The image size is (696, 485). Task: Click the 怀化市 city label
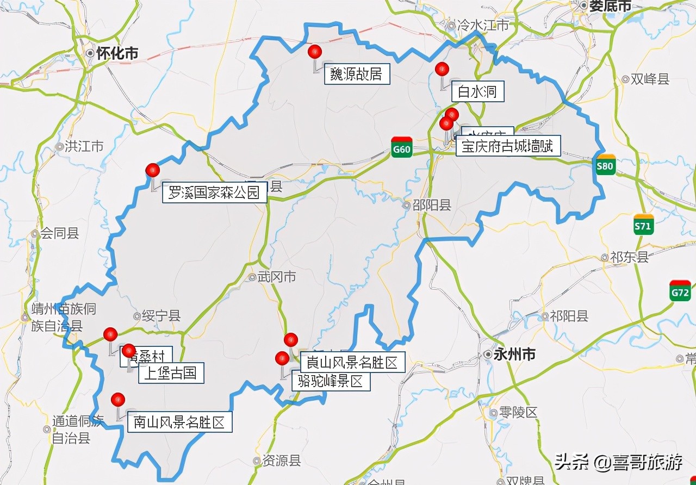coord(116,53)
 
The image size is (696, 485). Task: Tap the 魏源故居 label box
coord(357,74)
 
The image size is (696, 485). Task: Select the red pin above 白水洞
coord(442,69)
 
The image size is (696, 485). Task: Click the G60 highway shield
coord(401,147)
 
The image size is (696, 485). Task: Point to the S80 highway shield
coord(605,165)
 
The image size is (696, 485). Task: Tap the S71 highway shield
coord(643,225)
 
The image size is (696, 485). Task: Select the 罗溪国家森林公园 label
coord(214,192)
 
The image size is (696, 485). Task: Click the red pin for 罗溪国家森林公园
coord(153,170)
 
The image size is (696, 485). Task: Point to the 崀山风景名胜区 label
coord(352,362)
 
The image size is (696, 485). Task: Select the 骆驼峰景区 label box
coord(331,381)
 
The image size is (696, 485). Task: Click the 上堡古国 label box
coord(171,373)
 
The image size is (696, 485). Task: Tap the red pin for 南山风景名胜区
coord(117,400)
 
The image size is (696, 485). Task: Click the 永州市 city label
coord(514,355)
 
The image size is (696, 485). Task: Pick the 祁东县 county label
coord(629,257)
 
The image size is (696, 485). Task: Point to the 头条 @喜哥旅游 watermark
coord(618,463)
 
